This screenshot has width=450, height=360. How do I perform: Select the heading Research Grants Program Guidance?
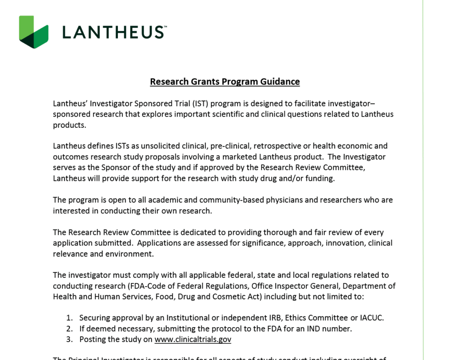[x=225, y=81]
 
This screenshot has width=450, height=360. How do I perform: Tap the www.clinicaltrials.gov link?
[x=193, y=339]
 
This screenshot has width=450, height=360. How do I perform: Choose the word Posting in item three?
[x=94, y=339]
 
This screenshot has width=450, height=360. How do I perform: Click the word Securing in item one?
[x=95, y=318]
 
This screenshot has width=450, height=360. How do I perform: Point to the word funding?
[x=320, y=178]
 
